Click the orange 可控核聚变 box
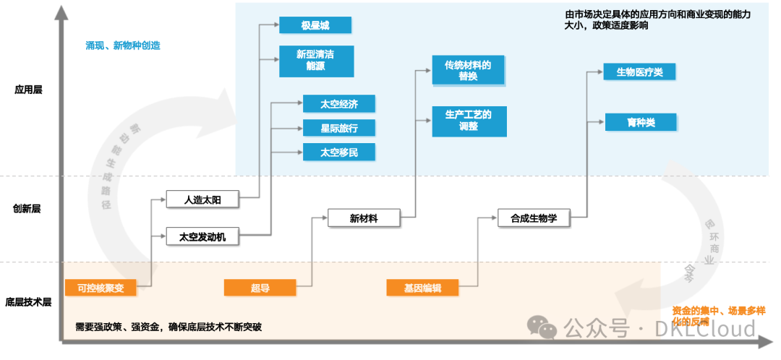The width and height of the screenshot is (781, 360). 101,288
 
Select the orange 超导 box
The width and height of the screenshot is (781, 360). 260,288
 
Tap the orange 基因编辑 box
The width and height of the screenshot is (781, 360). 423,288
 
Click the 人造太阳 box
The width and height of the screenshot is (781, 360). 202,200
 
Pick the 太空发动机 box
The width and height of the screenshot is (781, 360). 202,236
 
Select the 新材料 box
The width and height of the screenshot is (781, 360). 364,218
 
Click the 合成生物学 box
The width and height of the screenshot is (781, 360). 534,218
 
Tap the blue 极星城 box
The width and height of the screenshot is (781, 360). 315,25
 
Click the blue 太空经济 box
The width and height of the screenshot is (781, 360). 339,104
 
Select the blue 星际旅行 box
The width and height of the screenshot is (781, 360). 339,129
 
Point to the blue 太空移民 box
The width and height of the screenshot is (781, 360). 339,153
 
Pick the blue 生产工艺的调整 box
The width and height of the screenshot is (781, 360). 468,121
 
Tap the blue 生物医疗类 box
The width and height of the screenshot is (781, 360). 639,72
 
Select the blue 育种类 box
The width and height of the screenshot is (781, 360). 639,122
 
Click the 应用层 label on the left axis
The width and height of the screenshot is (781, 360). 28,90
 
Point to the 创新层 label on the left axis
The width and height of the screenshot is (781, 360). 27,209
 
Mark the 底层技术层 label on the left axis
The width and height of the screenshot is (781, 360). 28,302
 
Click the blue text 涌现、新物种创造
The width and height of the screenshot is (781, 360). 122,46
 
